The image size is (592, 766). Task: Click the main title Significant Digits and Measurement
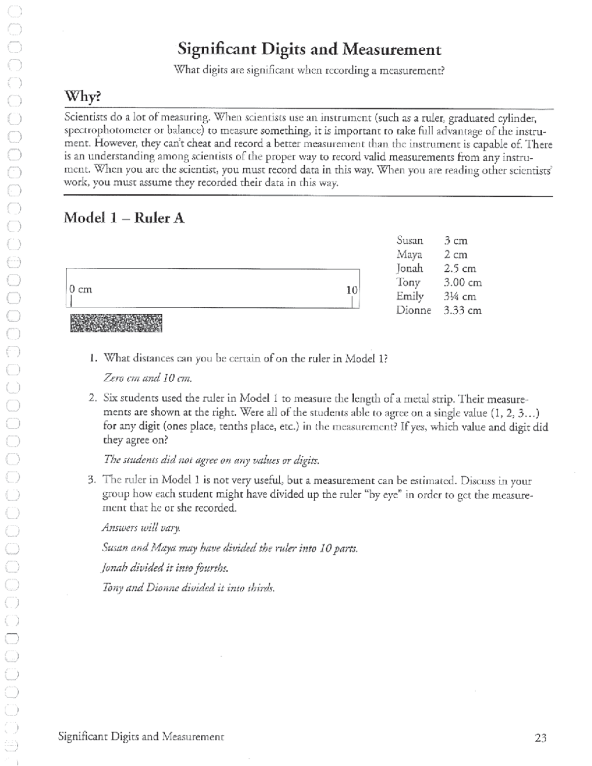click(309, 49)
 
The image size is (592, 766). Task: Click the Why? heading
click(83, 97)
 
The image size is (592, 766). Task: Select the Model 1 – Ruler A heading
click(124, 218)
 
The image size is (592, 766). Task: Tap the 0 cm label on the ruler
click(80, 290)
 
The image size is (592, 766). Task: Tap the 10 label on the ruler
click(351, 291)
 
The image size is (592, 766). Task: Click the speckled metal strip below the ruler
click(116, 323)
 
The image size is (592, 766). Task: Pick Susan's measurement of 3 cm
click(455, 241)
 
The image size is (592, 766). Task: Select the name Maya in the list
click(409, 255)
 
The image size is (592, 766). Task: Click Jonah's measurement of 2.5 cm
click(460, 269)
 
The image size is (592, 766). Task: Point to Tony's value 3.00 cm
click(462, 283)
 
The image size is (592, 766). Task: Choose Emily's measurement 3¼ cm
click(459, 296)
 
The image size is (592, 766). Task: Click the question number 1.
click(93, 358)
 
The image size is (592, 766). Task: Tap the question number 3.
click(92, 480)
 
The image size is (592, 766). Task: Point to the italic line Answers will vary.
click(141, 528)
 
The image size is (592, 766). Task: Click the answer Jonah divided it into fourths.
click(165, 568)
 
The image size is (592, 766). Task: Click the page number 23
click(540, 738)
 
